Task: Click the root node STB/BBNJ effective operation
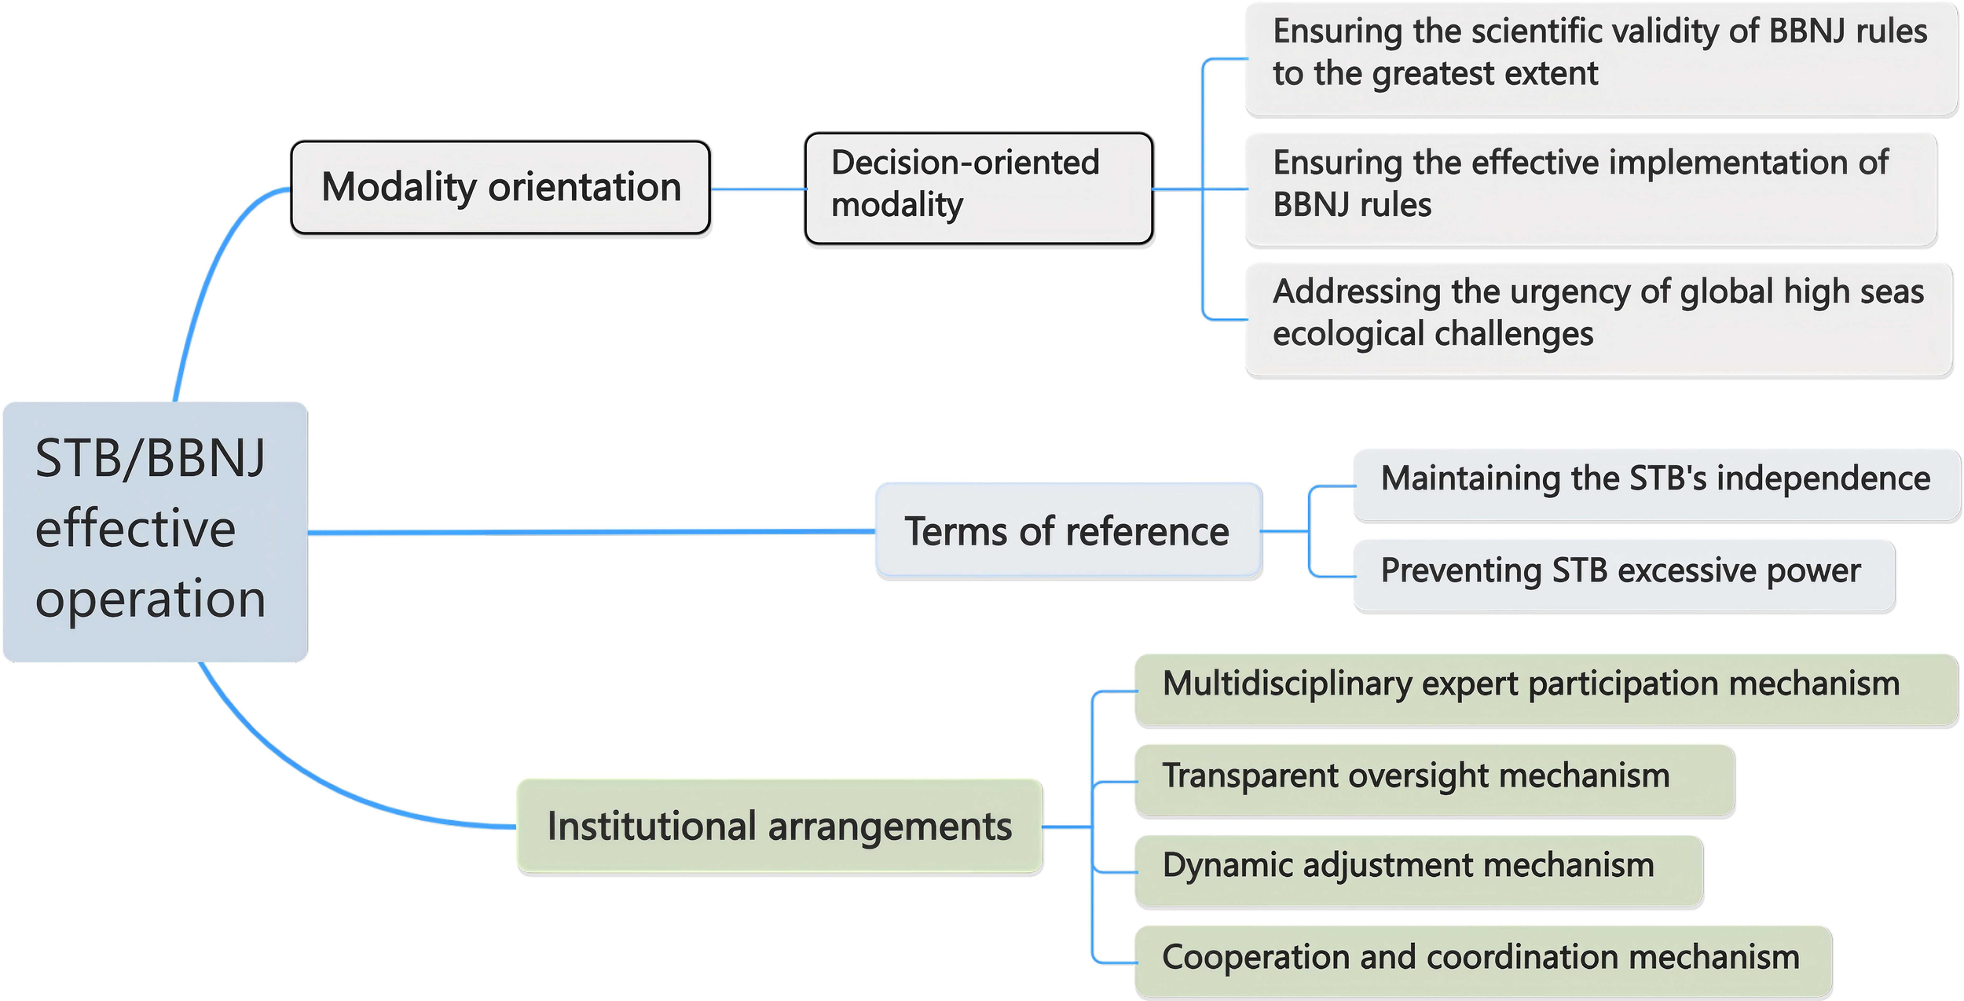(x=155, y=531)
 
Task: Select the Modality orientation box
(x=500, y=188)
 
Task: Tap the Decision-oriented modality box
(x=978, y=188)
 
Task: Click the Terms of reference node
(x=1068, y=531)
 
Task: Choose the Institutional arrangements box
(x=779, y=826)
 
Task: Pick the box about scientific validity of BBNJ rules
(x=1599, y=59)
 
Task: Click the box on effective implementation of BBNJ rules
(x=1591, y=189)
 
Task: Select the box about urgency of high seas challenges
(x=1599, y=319)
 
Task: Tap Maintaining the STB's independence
(x=1656, y=485)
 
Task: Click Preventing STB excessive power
(x=1623, y=576)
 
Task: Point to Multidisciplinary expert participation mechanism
(x=1545, y=690)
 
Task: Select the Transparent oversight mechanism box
(x=1434, y=781)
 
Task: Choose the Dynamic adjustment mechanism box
(x=1418, y=871)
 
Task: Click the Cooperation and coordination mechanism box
(x=1482, y=962)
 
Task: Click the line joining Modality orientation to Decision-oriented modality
(x=757, y=189)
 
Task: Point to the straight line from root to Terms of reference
(x=589, y=532)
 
